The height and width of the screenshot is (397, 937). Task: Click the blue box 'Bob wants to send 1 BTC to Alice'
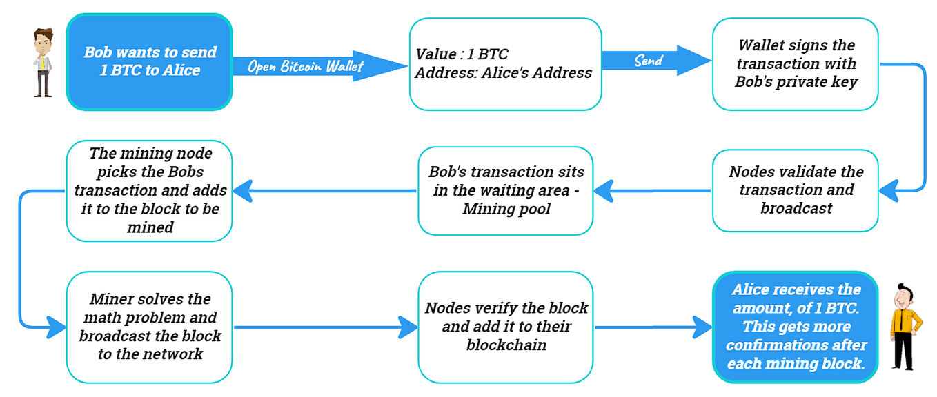[149, 62]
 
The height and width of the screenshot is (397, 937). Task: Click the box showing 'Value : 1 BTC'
[505, 64]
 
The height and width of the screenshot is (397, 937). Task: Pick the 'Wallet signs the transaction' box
[795, 64]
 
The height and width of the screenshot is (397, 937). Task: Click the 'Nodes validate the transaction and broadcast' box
[795, 190]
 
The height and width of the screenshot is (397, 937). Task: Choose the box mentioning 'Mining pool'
[505, 190]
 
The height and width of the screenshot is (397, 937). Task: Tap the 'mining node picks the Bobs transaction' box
[149, 190]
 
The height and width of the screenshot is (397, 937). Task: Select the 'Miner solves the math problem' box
[149, 327]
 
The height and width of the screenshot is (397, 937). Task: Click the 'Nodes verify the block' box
[505, 327]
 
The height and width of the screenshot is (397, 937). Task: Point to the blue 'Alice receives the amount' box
[795, 327]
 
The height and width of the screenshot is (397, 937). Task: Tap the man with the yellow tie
[43, 62]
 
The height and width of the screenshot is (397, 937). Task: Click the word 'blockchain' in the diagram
[506, 345]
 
